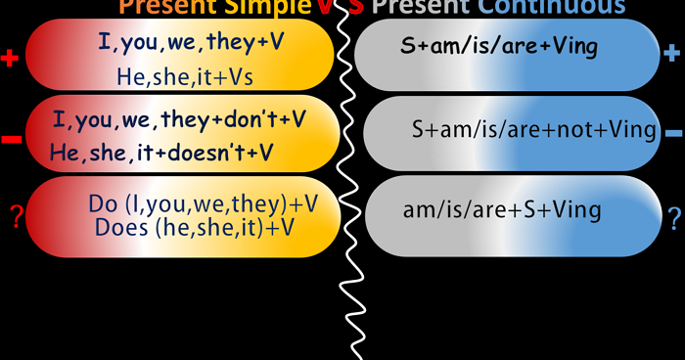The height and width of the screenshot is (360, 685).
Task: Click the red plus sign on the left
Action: point(11,59)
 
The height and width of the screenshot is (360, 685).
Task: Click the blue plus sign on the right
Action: point(671,55)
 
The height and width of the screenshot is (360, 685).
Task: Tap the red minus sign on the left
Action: point(12,140)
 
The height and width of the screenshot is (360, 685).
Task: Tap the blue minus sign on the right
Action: point(673,132)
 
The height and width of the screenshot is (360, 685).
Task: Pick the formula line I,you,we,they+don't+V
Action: point(179,119)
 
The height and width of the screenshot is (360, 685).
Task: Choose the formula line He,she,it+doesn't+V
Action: point(161,152)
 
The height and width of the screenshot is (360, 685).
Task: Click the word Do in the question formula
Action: point(102,202)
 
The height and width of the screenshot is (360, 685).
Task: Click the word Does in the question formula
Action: point(118,227)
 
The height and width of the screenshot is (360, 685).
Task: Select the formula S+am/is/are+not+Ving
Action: point(534,130)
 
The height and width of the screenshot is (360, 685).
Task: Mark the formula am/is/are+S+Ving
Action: point(502,209)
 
